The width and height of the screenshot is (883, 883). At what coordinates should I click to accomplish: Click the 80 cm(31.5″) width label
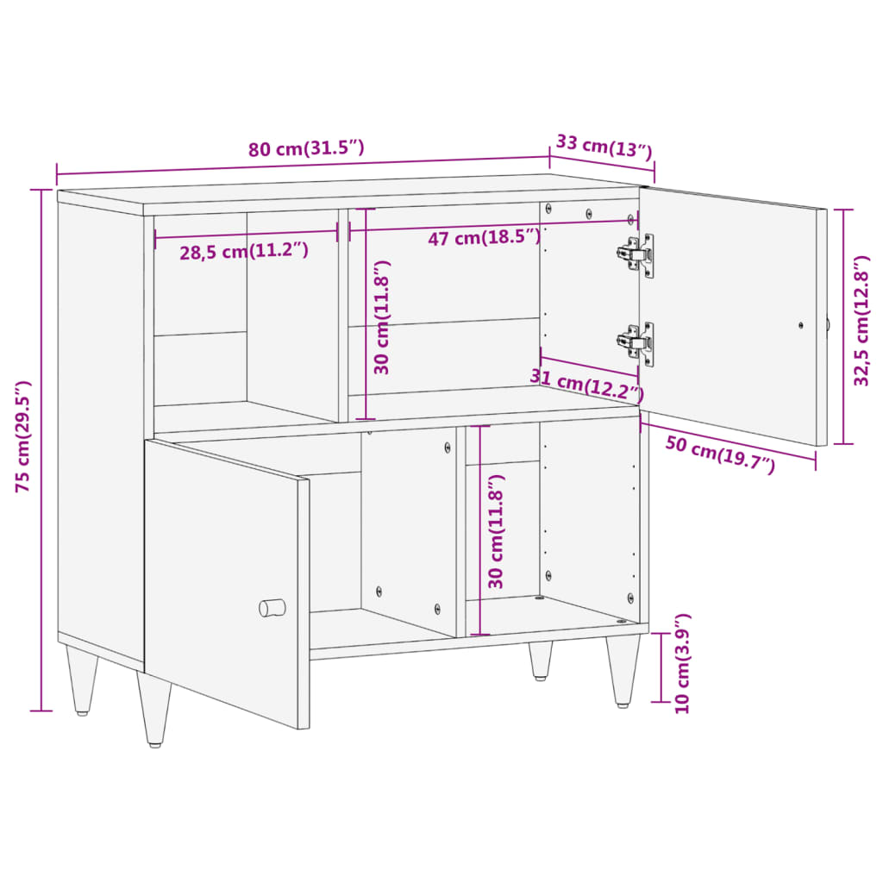click(x=306, y=148)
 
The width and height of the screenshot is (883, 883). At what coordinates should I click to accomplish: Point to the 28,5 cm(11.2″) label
click(x=244, y=252)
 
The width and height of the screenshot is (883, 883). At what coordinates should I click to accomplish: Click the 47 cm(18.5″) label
click(x=485, y=238)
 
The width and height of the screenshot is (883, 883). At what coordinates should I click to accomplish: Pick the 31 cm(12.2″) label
click(x=586, y=385)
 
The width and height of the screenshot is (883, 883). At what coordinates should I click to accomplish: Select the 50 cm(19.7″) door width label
click(x=720, y=455)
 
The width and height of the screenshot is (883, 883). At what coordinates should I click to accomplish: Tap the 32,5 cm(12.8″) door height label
click(x=862, y=321)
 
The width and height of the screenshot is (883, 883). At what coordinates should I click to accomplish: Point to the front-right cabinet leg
click(x=622, y=671)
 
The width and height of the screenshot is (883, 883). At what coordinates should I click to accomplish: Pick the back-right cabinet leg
click(x=541, y=660)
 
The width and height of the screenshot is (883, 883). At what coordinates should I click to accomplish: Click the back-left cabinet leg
click(x=82, y=681)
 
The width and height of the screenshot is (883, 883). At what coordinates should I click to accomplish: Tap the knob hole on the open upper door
click(x=800, y=326)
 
